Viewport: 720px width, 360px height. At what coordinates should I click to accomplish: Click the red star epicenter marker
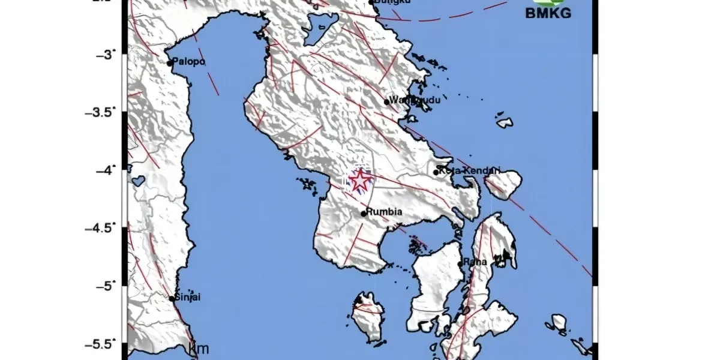[360, 180]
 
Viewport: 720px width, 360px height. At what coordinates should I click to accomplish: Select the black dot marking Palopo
[170, 63]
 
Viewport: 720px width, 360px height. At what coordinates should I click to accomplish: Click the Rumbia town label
[384, 212]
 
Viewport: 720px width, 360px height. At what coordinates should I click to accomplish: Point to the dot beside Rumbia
[364, 213]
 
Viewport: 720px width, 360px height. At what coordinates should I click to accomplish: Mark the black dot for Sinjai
[172, 298]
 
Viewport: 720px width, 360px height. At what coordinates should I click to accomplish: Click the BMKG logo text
[548, 13]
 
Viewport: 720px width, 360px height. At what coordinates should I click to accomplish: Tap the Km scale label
[199, 349]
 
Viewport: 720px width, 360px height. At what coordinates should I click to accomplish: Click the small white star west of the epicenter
[309, 185]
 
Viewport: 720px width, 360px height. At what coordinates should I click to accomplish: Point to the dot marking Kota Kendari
[436, 173]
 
